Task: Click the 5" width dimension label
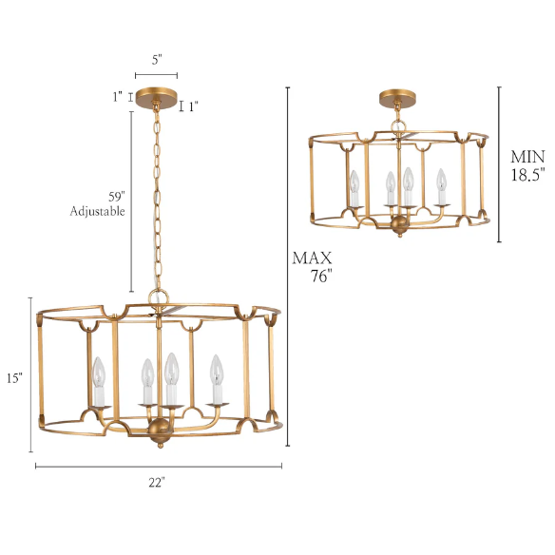click(157, 60)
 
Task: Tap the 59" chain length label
click(117, 197)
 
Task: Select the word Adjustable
click(97, 211)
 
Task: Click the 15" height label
click(14, 378)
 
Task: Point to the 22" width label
click(157, 482)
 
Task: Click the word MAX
click(312, 258)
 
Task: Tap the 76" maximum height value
click(322, 276)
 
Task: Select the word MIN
click(527, 157)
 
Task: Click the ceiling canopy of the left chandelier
click(157, 97)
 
